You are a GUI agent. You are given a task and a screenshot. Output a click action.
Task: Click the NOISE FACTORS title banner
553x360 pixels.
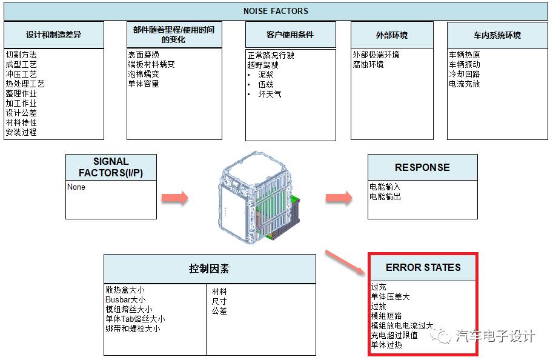click(276, 11)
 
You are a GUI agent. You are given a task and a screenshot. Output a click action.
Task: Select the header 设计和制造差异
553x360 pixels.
click(53, 35)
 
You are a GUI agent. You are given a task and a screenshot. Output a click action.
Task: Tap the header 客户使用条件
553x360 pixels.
click(290, 35)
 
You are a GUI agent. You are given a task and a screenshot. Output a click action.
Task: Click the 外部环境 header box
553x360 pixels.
click(392, 35)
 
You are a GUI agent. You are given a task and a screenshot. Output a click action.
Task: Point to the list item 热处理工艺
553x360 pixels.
click(25, 84)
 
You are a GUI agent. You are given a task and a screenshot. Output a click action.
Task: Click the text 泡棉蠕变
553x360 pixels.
click(143, 74)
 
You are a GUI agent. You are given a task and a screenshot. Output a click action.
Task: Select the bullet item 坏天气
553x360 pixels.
click(270, 94)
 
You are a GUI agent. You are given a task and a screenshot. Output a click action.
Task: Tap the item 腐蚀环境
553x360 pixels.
click(368, 64)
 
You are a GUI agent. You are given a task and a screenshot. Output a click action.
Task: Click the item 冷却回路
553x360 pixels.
click(465, 74)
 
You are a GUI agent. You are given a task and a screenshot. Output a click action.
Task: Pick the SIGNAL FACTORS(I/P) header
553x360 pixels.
click(111, 167)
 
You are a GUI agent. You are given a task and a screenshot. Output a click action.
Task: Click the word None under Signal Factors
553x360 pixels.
click(76, 187)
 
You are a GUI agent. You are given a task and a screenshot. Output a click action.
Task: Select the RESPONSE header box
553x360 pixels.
click(422, 167)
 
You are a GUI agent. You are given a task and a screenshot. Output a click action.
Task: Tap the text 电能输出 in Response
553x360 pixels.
click(385, 196)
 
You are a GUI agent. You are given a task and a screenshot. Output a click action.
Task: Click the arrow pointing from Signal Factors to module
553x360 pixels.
click(174, 198)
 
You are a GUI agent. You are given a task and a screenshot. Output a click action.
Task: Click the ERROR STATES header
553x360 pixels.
click(423, 267)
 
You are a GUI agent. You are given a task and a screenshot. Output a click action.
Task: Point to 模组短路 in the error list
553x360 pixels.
click(386, 316)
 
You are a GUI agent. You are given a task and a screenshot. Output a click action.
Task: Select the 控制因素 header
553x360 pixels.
click(209, 268)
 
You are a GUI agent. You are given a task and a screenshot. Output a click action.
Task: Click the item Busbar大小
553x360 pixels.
click(125, 299)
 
